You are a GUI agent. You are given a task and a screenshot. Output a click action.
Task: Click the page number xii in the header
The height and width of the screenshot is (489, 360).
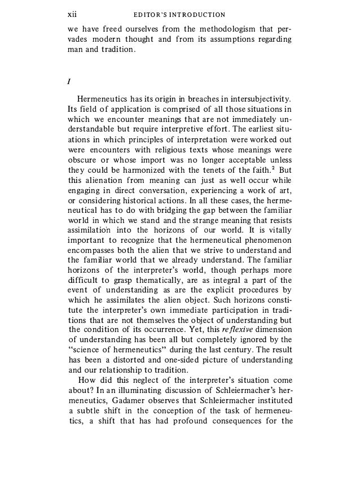[x=72, y=14]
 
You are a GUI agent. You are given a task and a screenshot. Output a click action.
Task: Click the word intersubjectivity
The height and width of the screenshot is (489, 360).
[x=258, y=100]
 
